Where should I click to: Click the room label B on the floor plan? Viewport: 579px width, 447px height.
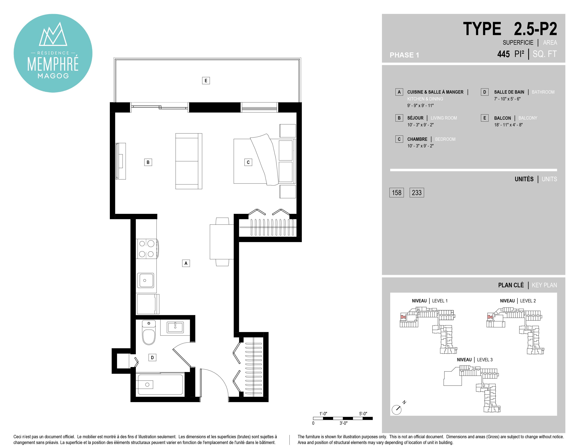coord(148,162)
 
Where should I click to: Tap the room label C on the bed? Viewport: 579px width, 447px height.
coord(248,162)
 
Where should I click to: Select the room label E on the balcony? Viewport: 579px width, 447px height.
coord(206,80)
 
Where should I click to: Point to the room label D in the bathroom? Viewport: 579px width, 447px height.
coord(152,357)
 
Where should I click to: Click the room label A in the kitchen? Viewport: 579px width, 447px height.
coord(186,263)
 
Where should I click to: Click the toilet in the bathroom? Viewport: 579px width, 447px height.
coord(149,333)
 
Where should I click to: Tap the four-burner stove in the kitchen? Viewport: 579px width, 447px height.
coord(147,249)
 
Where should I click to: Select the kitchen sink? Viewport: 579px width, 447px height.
coord(145,280)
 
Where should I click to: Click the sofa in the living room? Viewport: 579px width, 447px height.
coord(189,161)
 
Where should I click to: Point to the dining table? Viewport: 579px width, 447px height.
coord(222,242)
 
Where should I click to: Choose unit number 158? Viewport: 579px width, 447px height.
coord(397,192)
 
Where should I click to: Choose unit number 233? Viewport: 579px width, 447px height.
coord(417,192)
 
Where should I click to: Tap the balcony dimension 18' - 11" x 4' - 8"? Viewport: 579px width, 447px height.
coord(508,125)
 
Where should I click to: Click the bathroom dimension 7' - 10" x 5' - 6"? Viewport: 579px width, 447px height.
coord(507,99)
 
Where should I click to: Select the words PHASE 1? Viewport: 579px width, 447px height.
coord(404,55)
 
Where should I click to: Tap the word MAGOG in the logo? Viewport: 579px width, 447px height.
coord(53,76)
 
